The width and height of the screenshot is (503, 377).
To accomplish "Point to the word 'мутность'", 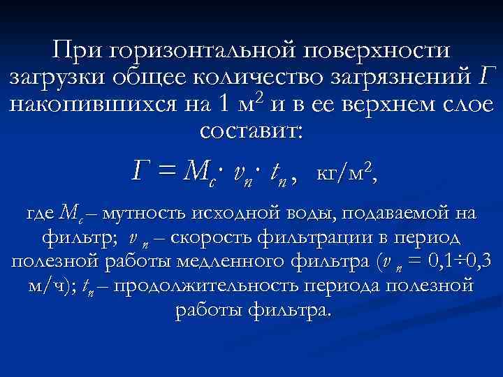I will coord(140,213).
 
